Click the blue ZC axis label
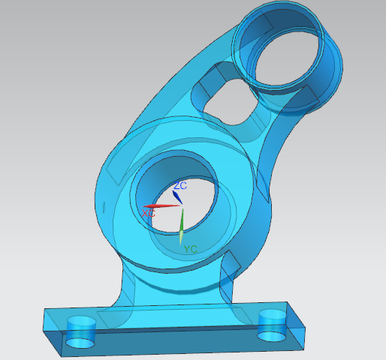point(180,186)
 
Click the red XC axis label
point(149,214)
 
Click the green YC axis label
point(191,249)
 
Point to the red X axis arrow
point(161,206)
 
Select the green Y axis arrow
point(182,226)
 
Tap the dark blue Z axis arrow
point(177,197)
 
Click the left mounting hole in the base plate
point(81,331)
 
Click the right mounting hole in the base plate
point(273,325)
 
